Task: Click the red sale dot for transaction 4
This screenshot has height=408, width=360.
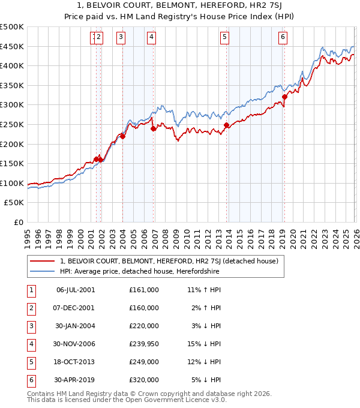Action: click(x=154, y=128)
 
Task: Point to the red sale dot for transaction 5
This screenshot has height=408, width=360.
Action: click(x=227, y=125)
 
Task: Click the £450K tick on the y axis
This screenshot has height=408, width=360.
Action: click(x=12, y=46)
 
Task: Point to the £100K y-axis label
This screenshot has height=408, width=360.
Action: click(x=12, y=183)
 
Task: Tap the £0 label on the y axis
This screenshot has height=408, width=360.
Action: click(x=18, y=222)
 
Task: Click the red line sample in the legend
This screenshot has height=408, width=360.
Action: click(x=42, y=262)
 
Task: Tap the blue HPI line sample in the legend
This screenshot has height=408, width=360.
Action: click(x=42, y=272)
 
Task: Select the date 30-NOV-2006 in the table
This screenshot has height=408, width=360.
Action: click(x=76, y=344)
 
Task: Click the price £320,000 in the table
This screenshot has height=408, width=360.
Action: click(x=143, y=380)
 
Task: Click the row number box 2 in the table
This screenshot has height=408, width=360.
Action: click(x=30, y=308)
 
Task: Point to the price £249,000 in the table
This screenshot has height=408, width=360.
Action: click(x=143, y=362)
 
